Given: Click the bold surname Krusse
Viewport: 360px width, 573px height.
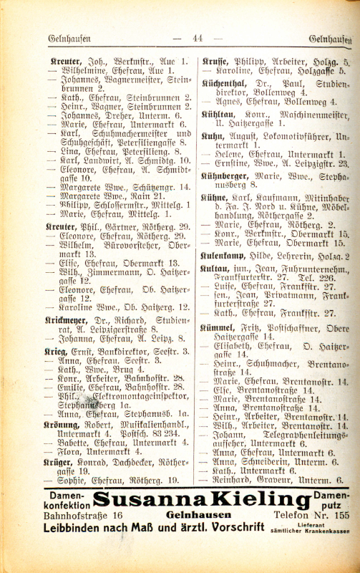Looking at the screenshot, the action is pyautogui.click(x=218, y=62).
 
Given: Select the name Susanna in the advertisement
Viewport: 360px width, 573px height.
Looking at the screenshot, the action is pyautogui.click(x=135, y=501).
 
